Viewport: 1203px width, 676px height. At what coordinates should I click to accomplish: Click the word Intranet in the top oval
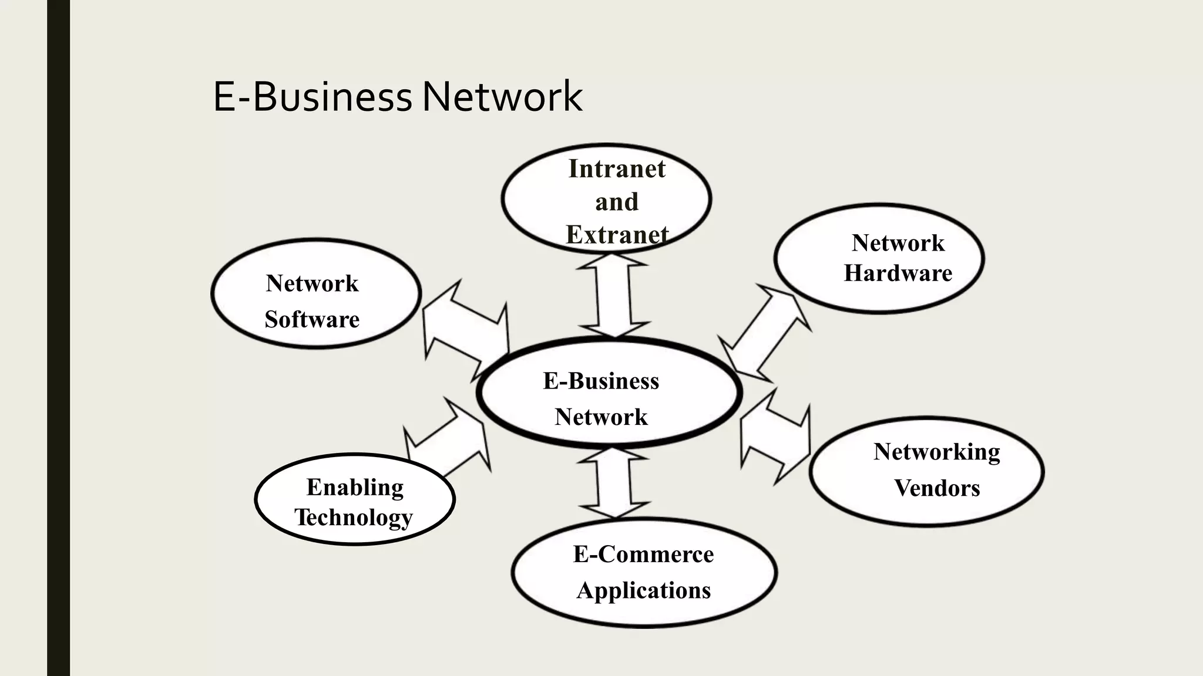(x=617, y=169)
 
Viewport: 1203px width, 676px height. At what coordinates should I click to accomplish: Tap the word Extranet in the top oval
(x=617, y=235)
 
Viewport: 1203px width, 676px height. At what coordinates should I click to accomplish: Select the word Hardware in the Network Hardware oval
(x=898, y=273)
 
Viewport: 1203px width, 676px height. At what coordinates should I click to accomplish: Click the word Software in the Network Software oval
(x=312, y=319)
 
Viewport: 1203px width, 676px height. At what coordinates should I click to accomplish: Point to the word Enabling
(x=355, y=488)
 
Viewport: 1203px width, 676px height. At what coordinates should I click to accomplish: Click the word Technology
(x=354, y=518)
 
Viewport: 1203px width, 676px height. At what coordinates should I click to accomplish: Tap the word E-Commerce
(x=643, y=554)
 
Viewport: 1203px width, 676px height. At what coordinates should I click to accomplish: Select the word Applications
(x=643, y=590)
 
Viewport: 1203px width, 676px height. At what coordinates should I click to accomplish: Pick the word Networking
(x=936, y=452)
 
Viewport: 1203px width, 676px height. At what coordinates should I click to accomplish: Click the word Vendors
(x=937, y=488)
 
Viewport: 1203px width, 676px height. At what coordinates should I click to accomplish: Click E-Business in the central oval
(x=601, y=381)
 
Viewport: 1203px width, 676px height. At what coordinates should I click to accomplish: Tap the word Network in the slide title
(x=502, y=96)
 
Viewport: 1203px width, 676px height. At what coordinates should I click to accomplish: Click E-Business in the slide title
(x=312, y=96)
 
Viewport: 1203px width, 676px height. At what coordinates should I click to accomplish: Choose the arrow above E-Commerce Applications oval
(x=614, y=483)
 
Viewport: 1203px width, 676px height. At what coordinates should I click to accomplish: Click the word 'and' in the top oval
(x=617, y=202)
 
